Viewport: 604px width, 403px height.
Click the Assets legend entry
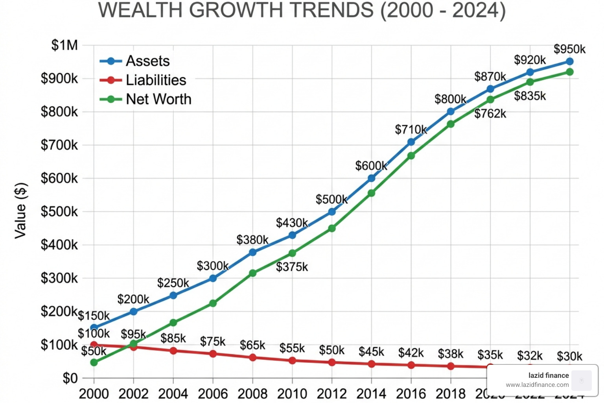(x=147, y=61)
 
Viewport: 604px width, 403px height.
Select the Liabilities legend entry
(x=155, y=80)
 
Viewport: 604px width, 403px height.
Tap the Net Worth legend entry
(x=158, y=99)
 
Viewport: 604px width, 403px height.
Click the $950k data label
(x=569, y=49)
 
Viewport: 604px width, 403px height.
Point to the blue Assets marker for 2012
(x=332, y=212)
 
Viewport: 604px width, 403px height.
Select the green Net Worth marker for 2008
(x=252, y=273)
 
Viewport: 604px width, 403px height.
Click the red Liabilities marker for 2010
(x=292, y=360)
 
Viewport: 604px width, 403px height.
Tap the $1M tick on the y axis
(x=64, y=45)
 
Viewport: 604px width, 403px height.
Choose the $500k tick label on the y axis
(x=59, y=212)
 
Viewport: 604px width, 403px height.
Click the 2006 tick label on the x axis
(x=213, y=394)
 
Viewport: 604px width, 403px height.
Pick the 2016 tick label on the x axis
(x=411, y=394)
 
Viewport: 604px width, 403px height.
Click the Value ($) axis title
(x=20, y=211)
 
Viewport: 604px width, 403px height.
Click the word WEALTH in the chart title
(x=140, y=10)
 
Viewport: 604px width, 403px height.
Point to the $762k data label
(x=490, y=114)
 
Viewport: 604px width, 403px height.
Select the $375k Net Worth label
(x=292, y=267)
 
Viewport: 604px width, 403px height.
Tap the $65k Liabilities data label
(x=252, y=345)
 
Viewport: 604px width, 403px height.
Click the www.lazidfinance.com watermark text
(x=537, y=385)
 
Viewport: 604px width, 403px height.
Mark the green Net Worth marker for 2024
(x=569, y=72)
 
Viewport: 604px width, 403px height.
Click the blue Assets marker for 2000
(x=94, y=327)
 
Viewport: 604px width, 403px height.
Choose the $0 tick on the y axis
(x=70, y=378)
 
